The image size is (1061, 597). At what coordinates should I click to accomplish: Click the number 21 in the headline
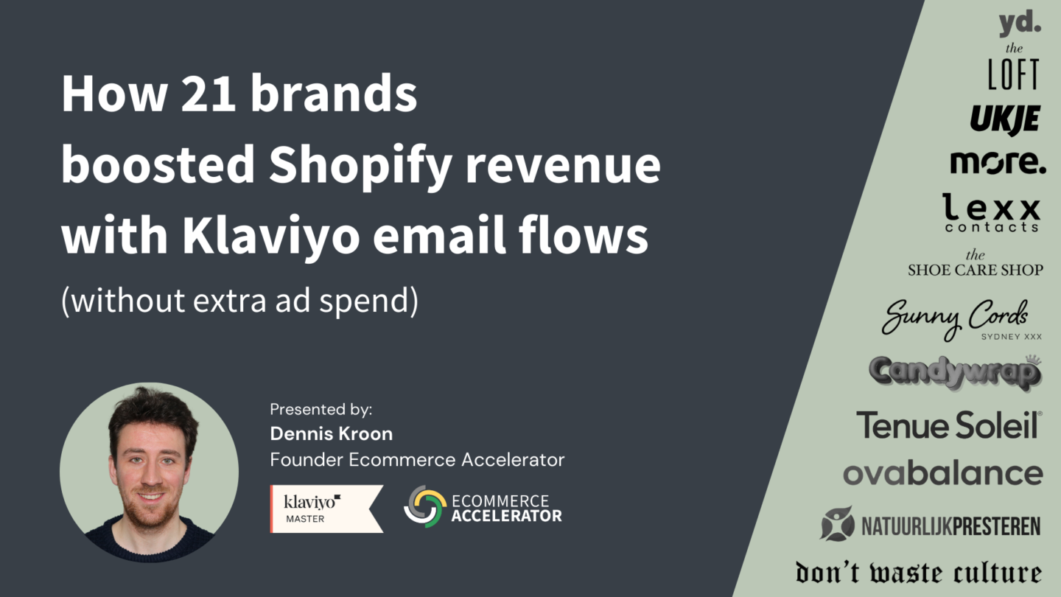pyautogui.click(x=209, y=94)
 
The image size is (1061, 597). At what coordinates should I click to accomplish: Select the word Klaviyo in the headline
pyautogui.click(x=271, y=237)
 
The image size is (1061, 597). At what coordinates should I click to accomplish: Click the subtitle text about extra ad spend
pyautogui.click(x=239, y=301)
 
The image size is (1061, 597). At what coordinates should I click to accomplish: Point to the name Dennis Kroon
pyautogui.click(x=331, y=433)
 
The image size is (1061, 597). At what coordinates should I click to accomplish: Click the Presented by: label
pyautogui.click(x=321, y=409)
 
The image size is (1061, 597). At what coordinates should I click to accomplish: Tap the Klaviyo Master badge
pyautogui.click(x=326, y=509)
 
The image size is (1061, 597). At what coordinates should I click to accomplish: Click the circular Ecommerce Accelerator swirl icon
pyautogui.click(x=425, y=506)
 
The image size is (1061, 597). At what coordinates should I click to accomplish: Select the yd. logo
pyautogui.click(x=1020, y=24)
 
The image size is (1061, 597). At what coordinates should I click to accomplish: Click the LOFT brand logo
pyautogui.click(x=1013, y=67)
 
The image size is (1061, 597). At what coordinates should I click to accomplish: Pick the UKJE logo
pyautogui.click(x=1005, y=119)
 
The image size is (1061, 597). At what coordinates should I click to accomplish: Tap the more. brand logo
pyautogui.click(x=998, y=162)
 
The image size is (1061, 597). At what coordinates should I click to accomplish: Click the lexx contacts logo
pyautogui.click(x=992, y=213)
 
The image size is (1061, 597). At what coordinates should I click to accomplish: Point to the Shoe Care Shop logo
pyautogui.click(x=976, y=263)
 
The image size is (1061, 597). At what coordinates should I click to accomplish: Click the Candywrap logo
pyautogui.click(x=956, y=372)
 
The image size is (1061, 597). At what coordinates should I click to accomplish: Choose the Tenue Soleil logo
pyautogui.click(x=949, y=425)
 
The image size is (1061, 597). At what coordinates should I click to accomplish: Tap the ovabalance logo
pyautogui.click(x=943, y=474)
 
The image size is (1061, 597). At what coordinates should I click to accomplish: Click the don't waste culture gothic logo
pyautogui.click(x=918, y=573)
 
